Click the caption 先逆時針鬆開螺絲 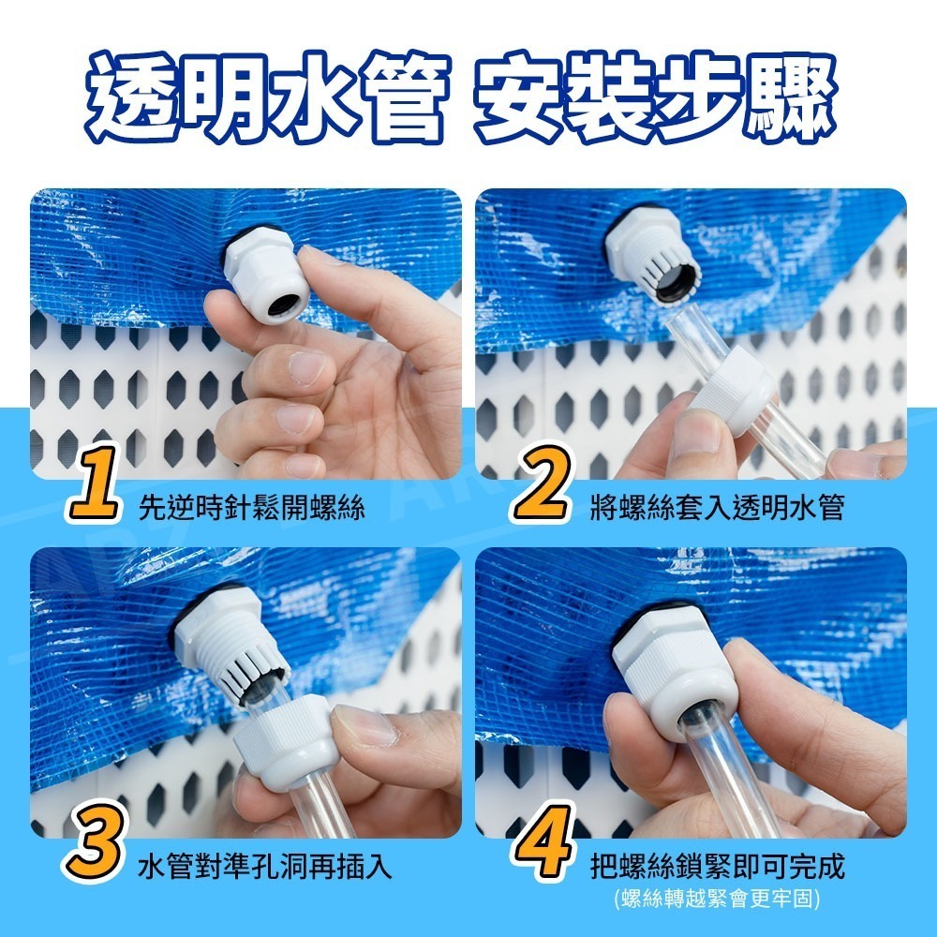pyautogui.click(x=251, y=509)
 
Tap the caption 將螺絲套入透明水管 pyautogui.click(x=717, y=509)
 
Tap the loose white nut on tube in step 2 pyautogui.click(x=733, y=394)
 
